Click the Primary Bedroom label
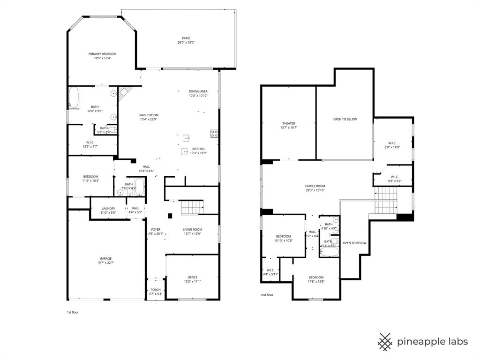tap(102, 54)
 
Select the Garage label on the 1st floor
tap(105, 258)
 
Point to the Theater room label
tap(289, 123)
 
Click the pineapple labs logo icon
tap(385, 342)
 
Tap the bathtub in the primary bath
tap(74, 98)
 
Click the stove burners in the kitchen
tap(214, 134)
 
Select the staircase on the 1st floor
tap(192, 207)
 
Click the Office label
tap(192, 277)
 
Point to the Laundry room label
tap(108, 208)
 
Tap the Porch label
tap(155, 290)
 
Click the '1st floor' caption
tap(73, 312)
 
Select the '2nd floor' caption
tap(267, 295)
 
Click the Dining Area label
tap(198, 91)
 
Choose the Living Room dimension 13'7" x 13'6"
tap(192, 233)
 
